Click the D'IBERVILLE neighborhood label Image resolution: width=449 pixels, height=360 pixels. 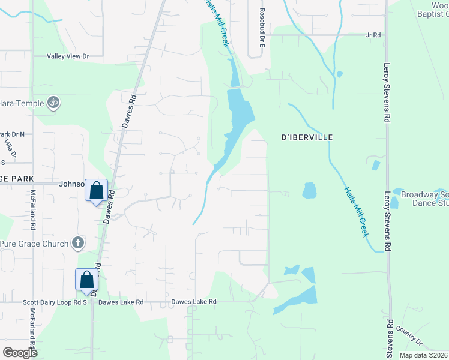coord(307,137)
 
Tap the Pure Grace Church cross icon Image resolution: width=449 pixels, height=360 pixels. coord(77,243)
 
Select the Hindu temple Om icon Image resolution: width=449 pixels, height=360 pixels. coord(53,103)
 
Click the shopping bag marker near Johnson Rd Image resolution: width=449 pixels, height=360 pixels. coord(96,190)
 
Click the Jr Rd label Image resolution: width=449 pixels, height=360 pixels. coord(373,35)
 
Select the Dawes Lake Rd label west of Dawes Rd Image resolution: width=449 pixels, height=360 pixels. coord(121,302)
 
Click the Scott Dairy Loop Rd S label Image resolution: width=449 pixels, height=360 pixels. coord(55,302)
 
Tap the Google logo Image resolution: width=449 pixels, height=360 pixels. coord(20,353)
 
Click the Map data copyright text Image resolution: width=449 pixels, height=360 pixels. coord(423,355)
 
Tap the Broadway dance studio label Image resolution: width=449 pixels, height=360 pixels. coord(424,199)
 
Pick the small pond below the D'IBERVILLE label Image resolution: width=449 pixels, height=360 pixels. coord(309,190)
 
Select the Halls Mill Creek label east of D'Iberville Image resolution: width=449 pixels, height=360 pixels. coord(356,212)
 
